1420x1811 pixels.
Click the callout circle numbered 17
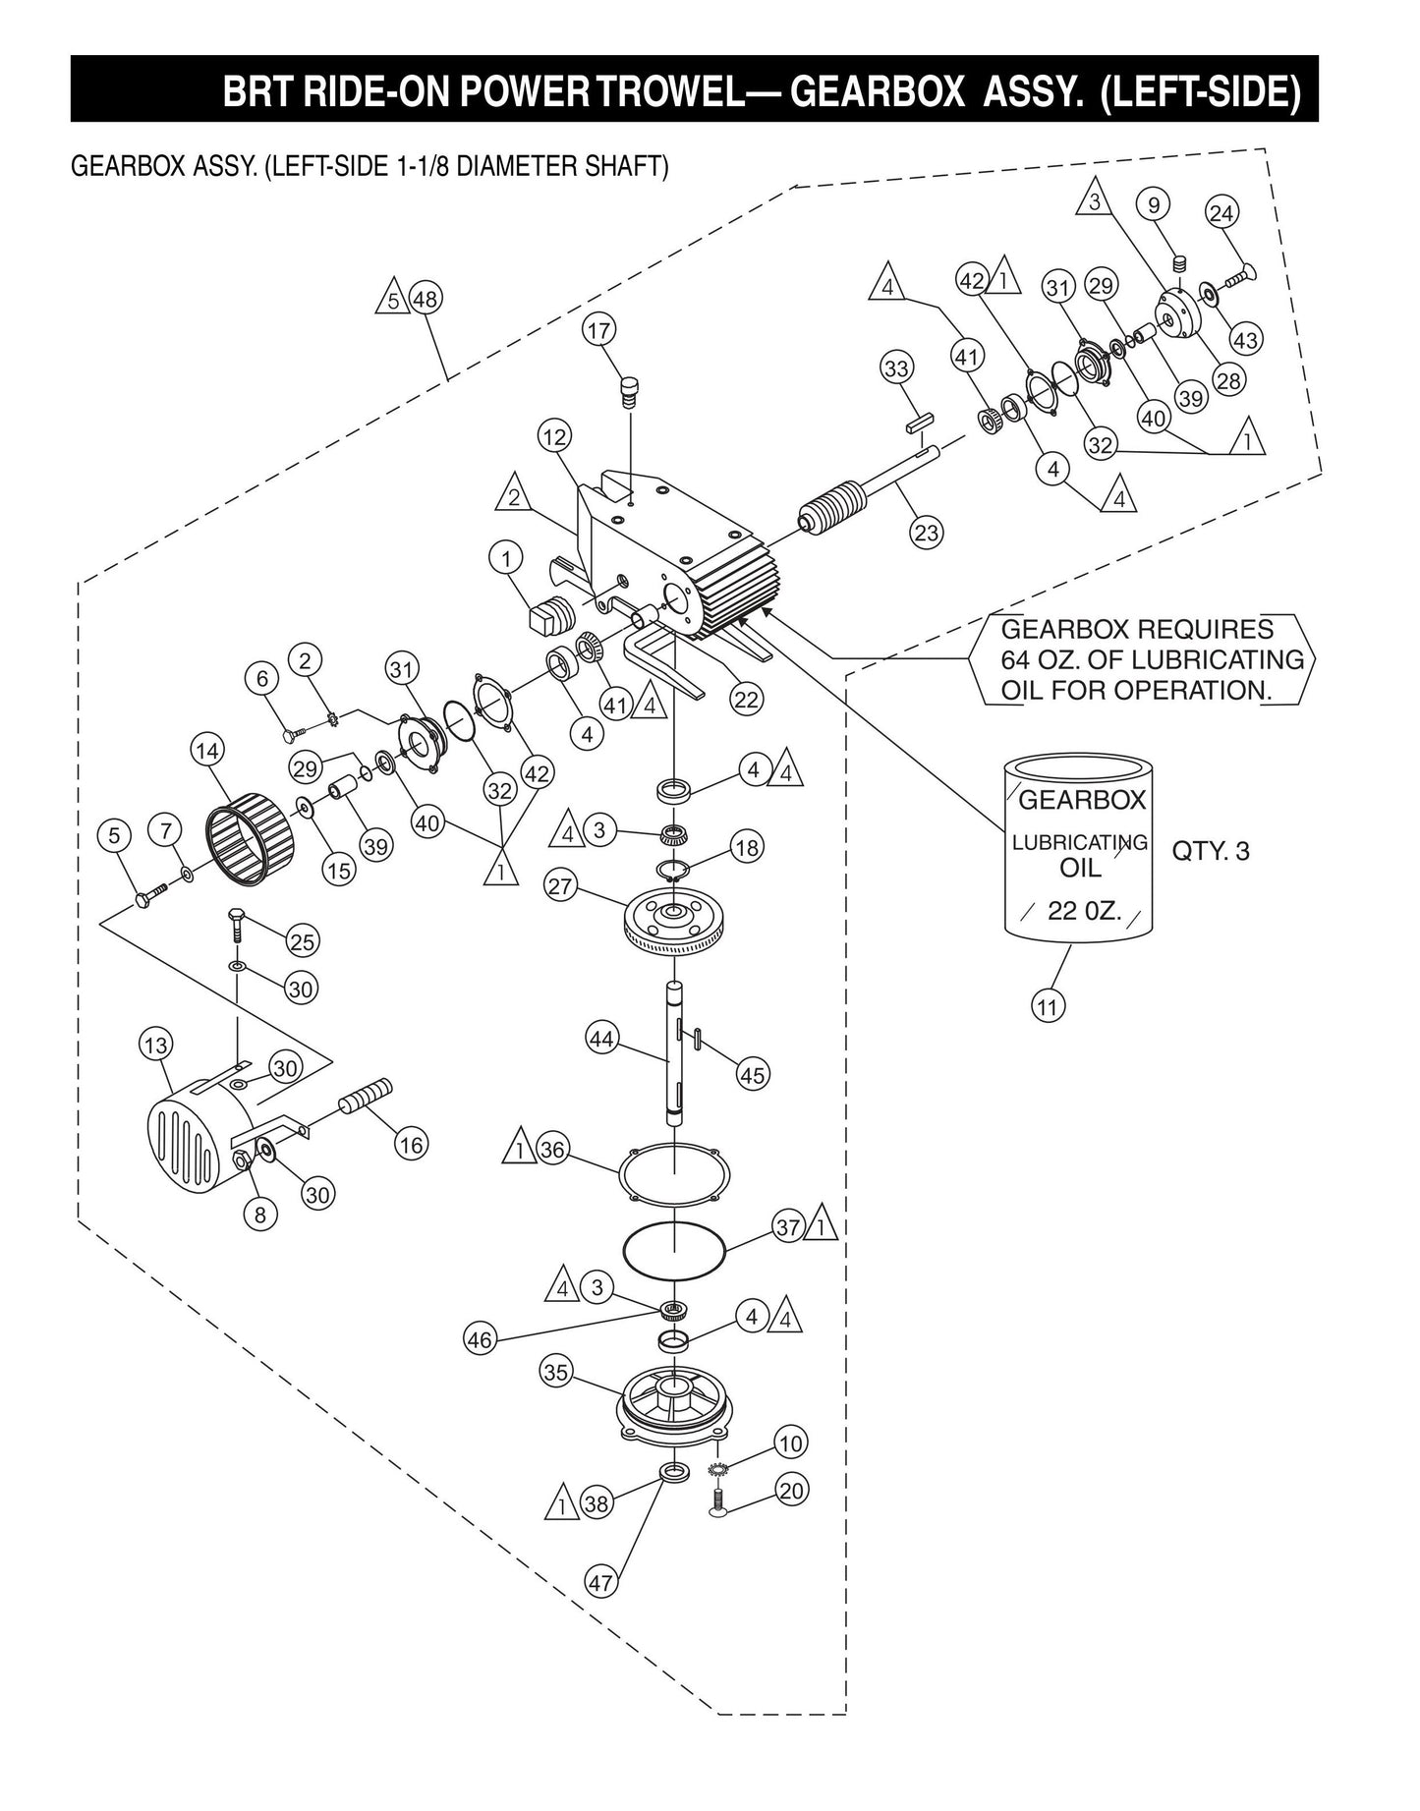[599, 331]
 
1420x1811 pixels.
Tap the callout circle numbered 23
[927, 533]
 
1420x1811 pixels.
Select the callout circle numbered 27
[561, 886]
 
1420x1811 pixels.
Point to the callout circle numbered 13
[157, 1045]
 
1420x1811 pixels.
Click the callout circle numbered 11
[1049, 1005]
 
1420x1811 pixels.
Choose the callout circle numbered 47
[600, 1583]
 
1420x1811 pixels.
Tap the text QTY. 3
[1211, 851]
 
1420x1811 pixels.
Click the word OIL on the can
[1080, 869]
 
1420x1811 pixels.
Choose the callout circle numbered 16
[410, 1144]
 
